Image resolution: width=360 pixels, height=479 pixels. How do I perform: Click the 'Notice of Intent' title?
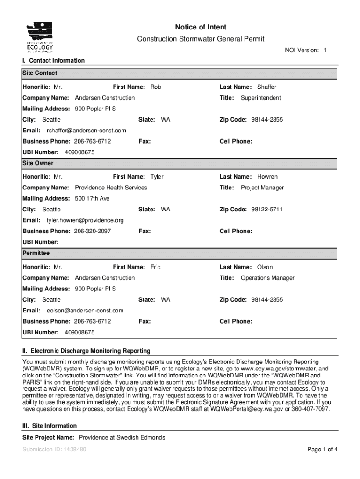coord(201,28)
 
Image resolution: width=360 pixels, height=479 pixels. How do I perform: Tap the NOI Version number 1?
coord(325,50)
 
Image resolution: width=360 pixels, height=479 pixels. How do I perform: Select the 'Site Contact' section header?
coord(40,73)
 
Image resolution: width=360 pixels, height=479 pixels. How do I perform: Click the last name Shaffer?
coord(266,87)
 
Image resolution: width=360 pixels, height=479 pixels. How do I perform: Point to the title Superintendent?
coord(260,98)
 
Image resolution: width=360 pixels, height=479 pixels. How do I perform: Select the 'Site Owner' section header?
coord(38,163)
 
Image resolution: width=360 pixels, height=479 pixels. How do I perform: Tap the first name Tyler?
coord(157,177)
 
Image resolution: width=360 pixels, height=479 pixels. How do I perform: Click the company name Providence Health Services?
coord(111,188)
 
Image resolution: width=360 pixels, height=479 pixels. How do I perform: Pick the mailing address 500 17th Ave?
coord(92,199)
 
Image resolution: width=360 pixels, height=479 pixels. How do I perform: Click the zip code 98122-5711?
coord(266,210)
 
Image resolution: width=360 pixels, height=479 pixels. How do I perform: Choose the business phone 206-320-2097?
coord(92,231)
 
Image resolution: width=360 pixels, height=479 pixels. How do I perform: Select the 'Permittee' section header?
coord(36,253)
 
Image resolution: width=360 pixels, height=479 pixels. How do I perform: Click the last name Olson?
coord(265,267)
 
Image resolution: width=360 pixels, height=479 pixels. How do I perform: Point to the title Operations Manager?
coord(267,278)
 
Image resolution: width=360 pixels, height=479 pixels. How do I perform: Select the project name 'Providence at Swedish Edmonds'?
coord(122,438)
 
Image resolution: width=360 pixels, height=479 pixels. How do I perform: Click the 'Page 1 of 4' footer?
coord(323,450)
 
